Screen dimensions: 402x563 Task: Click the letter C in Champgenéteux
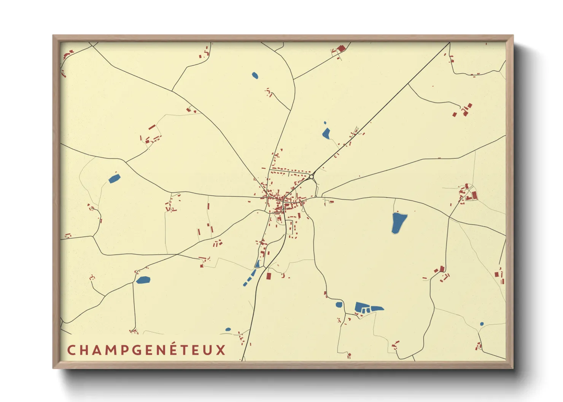point(71,350)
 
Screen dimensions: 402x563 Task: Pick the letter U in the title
point(208,350)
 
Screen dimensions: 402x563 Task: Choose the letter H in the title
point(83,350)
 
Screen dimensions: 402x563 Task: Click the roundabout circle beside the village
point(311,177)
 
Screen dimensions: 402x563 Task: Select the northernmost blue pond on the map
point(255,75)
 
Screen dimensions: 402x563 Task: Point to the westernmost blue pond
point(114,178)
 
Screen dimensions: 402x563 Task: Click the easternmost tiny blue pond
point(482,324)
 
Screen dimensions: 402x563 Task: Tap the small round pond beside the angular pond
point(339,305)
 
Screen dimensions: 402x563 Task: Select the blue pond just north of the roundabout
point(326,133)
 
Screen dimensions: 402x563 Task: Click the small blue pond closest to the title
point(228,329)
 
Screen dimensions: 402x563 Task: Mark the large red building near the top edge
point(341,48)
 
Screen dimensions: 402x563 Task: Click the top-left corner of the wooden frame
point(54,36)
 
